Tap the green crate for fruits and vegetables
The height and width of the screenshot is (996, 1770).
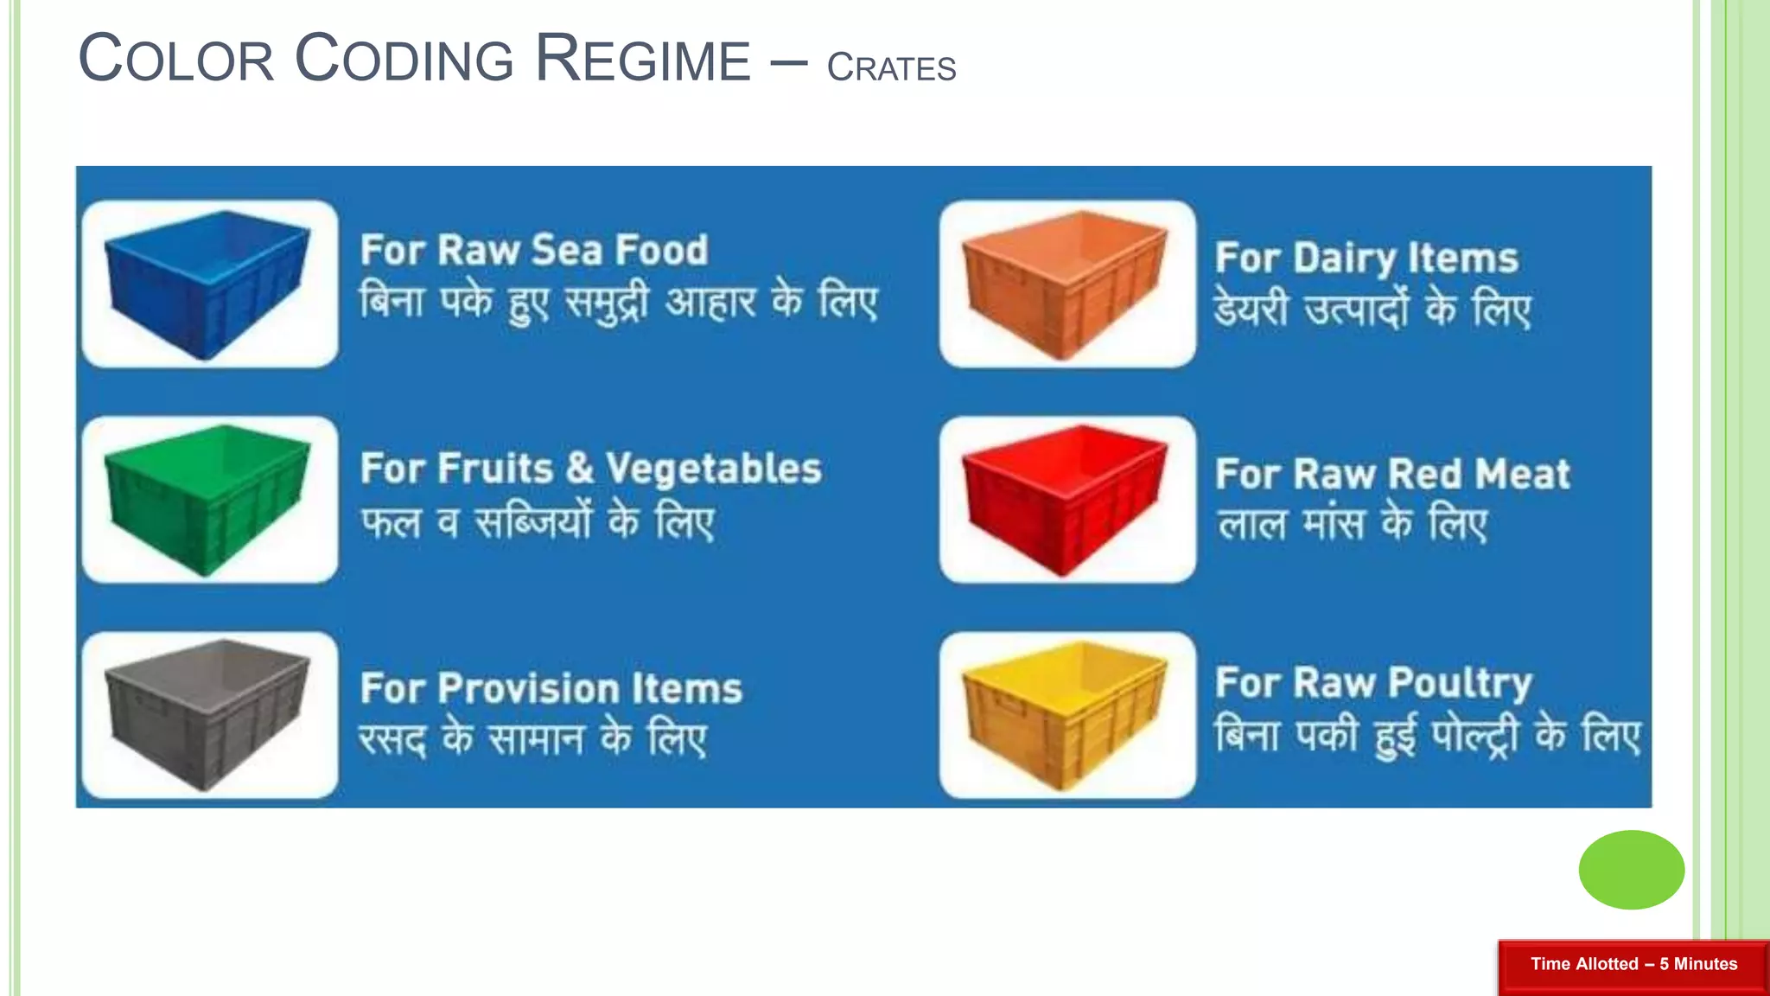coord(207,499)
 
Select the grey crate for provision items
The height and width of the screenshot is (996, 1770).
coord(207,714)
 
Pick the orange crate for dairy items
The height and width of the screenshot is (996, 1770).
coord(1066,283)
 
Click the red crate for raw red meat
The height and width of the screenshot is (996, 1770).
coord(1066,499)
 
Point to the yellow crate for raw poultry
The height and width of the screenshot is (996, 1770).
coord(1066,714)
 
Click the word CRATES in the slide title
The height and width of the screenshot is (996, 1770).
coord(891,67)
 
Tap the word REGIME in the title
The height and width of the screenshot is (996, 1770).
coord(643,59)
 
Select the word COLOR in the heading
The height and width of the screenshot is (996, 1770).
coord(176,59)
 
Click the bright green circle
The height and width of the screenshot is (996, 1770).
coord(1631,870)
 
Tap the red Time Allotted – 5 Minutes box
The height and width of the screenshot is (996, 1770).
coord(1633,964)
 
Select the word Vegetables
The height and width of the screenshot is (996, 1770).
coord(713,469)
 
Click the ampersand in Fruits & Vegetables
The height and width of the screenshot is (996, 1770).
coord(579,469)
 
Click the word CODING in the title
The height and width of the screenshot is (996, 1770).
coord(404,59)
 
